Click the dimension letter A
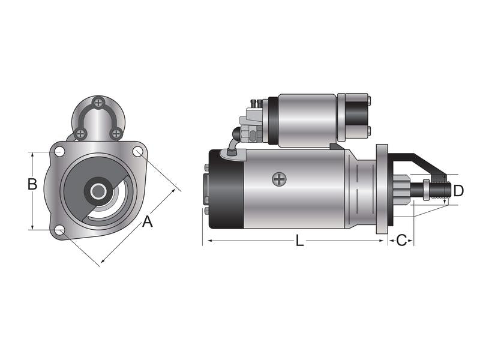(x=147, y=222)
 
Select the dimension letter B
(x=32, y=184)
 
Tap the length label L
(x=299, y=241)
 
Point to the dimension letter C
(x=402, y=241)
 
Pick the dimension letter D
(x=458, y=191)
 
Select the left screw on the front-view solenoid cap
(x=80, y=133)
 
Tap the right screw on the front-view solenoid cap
(x=117, y=133)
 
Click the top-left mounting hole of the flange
(x=59, y=151)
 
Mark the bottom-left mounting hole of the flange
(x=59, y=230)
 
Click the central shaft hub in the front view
(x=98, y=191)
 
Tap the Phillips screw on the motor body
(x=279, y=178)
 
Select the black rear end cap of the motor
(x=226, y=188)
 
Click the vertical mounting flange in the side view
(x=382, y=188)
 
